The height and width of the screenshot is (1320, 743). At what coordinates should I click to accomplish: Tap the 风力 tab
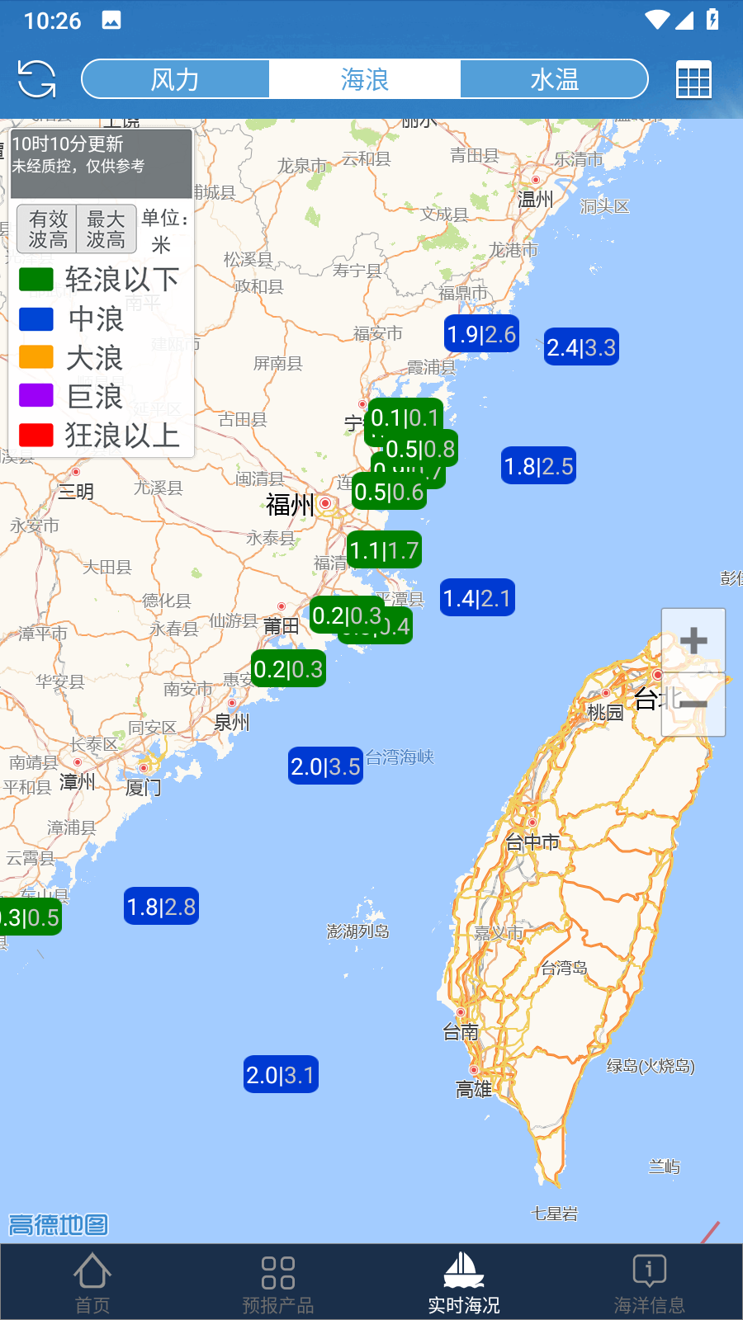175,79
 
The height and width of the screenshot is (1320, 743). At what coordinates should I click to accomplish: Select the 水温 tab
554,79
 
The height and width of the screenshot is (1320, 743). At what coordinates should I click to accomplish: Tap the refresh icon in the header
36,79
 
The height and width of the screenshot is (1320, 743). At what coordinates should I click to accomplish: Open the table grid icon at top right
693,80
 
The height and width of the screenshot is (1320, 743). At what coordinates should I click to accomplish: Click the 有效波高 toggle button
48,229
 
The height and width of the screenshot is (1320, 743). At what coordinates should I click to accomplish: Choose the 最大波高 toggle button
106,229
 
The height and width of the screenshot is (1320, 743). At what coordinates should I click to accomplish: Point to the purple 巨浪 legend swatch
36,396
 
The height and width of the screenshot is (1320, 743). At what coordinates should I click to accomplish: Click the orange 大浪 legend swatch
36,357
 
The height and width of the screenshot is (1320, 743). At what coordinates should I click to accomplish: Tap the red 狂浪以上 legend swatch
36,435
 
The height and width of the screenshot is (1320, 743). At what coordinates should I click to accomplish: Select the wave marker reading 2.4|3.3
581,347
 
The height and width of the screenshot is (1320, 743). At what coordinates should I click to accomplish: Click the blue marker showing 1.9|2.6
481,334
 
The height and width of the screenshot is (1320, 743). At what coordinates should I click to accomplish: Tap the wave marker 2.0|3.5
325,766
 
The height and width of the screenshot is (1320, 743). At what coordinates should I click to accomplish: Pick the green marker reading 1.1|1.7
385,550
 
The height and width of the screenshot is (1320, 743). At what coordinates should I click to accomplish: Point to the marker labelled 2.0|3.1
281,1075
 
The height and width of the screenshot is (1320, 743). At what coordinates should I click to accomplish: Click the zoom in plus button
693,640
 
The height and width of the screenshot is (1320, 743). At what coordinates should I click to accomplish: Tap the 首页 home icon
92,1280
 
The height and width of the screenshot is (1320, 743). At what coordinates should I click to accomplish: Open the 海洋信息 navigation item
649,1280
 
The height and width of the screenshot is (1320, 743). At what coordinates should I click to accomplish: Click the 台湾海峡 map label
400,757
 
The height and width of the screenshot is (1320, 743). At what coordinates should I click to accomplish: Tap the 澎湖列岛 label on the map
357,931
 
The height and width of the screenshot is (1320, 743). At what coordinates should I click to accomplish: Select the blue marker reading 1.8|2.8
161,907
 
